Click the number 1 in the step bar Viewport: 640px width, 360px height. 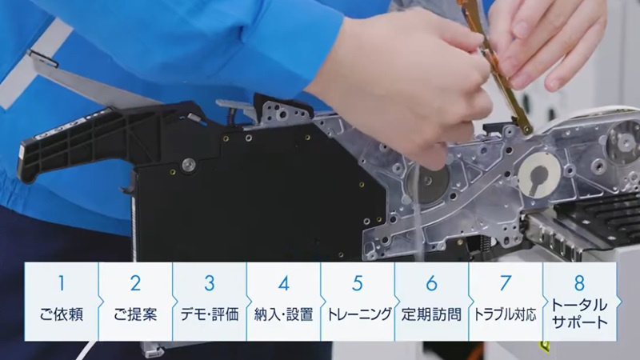pyautogui.click(x=62, y=283)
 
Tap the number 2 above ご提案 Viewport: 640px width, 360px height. pyautogui.click(x=135, y=283)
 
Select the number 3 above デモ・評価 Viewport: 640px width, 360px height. pyautogui.click(x=210, y=283)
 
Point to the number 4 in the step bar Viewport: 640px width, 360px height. pyautogui.click(x=284, y=283)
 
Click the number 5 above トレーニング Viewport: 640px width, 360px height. pyautogui.click(x=358, y=283)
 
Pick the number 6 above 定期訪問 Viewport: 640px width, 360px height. pyautogui.click(x=432, y=283)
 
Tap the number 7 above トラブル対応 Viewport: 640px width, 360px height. pyautogui.click(x=506, y=283)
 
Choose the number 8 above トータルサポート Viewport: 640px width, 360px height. pyautogui.click(x=579, y=282)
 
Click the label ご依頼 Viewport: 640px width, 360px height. pyautogui.click(x=62, y=314)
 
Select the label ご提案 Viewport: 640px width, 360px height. pyautogui.click(x=135, y=314)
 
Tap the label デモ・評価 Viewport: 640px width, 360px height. pyautogui.click(x=210, y=314)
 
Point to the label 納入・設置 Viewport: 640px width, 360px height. pyautogui.click(x=284, y=314)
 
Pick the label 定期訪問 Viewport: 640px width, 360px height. pyautogui.click(x=431, y=314)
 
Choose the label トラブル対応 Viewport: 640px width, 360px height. pyautogui.click(x=506, y=314)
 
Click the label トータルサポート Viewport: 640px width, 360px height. pyautogui.click(x=579, y=314)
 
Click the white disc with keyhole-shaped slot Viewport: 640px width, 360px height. pyautogui.click(x=539, y=175)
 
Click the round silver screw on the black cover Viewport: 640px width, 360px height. pyautogui.click(x=189, y=164)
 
